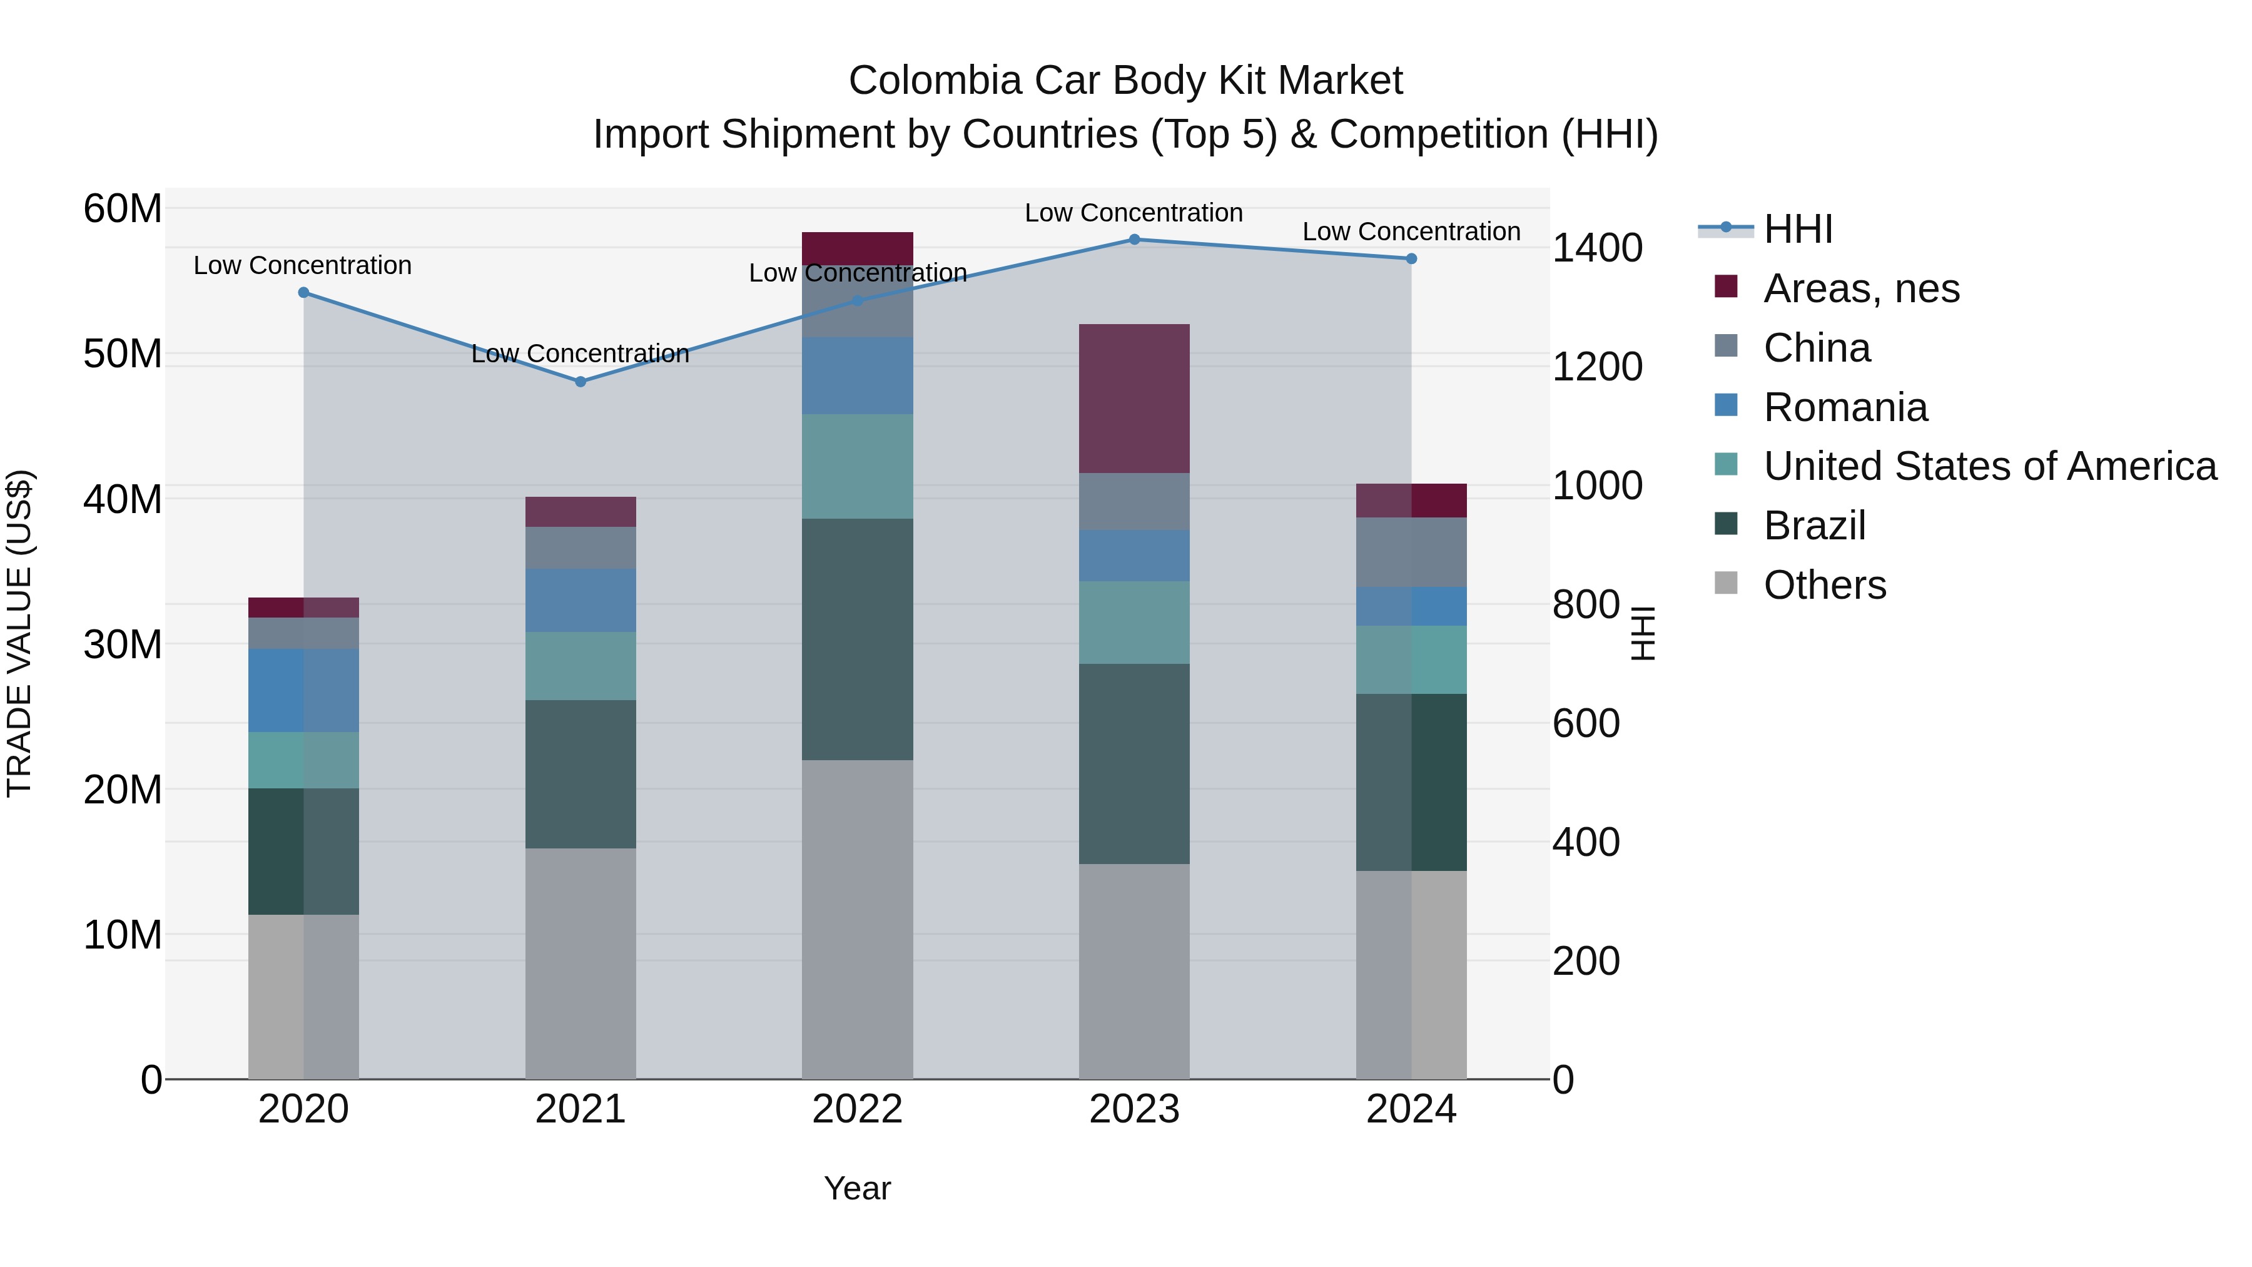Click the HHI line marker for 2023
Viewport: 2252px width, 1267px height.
pyautogui.click(x=1134, y=240)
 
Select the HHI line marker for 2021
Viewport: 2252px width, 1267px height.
pyautogui.click(x=581, y=381)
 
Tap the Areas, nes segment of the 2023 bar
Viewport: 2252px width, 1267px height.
pyautogui.click(x=1134, y=399)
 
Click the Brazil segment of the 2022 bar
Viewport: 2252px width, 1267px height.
pyautogui.click(x=857, y=639)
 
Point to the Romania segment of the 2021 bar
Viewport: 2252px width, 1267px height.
pyautogui.click(x=581, y=600)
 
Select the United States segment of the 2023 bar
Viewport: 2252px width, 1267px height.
pyautogui.click(x=1134, y=623)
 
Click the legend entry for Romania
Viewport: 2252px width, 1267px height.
pyautogui.click(x=1845, y=407)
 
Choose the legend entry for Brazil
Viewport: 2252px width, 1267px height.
pyautogui.click(x=1814, y=526)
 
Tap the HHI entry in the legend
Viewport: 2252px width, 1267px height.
pyautogui.click(x=1797, y=229)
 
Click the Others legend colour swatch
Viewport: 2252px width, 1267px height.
pyautogui.click(x=1726, y=583)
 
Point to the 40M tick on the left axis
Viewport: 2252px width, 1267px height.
pyautogui.click(x=123, y=499)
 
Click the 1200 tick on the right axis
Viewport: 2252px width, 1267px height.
pyautogui.click(x=1596, y=367)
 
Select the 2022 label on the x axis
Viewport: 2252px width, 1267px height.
pyautogui.click(x=857, y=1109)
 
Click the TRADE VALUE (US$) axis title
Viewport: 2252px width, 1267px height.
pyautogui.click(x=19, y=633)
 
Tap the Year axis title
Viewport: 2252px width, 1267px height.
pyautogui.click(x=857, y=1188)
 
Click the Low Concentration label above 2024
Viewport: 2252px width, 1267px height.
pyautogui.click(x=1411, y=232)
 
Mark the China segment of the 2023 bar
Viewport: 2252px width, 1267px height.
pyautogui.click(x=1134, y=502)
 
